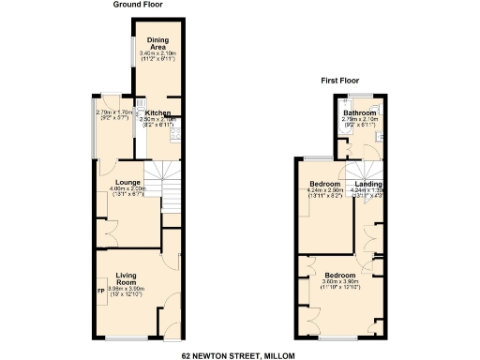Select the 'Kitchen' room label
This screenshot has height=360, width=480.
(x=157, y=113)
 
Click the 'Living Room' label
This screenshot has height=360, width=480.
(x=127, y=277)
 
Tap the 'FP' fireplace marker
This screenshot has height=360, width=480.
(x=101, y=290)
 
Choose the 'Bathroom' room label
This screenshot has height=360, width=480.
(x=358, y=112)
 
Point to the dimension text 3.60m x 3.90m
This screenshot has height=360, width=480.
(x=335, y=281)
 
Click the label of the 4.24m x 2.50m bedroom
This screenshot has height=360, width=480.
(x=322, y=184)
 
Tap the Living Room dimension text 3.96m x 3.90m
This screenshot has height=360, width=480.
(x=127, y=289)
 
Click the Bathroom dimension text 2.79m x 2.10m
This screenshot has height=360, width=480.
(x=358, y=119)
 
